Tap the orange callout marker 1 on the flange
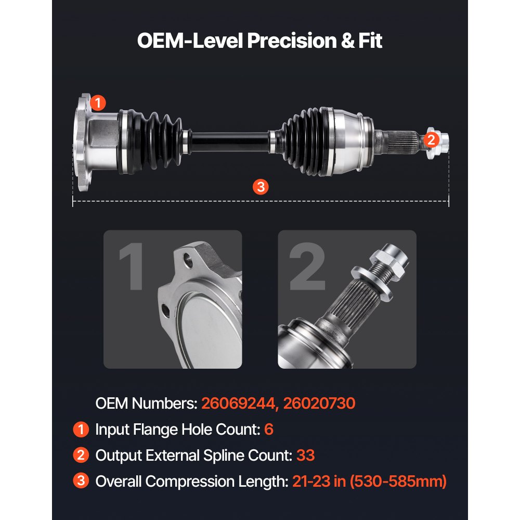[98, 102]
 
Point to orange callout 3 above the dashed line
[261, 186]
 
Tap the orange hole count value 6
[268, 430]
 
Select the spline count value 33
[306, 456]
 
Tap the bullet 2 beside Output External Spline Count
[81, 456]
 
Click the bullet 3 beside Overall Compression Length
[81, 482]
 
